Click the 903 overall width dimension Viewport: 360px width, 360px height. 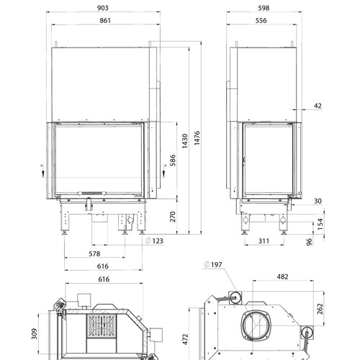pos(103,8)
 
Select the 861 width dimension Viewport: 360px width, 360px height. pos(105,20)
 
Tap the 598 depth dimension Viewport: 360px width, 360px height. pos(264,8)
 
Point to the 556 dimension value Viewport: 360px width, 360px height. pos(261,20)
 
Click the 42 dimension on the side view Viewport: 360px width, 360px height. pos(318,106)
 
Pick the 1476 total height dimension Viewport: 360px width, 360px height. pos(197,138)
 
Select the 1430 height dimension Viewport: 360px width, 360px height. pos(184,141)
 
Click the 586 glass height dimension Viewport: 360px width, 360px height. pos(173,161)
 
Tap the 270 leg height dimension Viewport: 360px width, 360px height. pos(173,217)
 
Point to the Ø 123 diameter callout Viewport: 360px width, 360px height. pos(154,240)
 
